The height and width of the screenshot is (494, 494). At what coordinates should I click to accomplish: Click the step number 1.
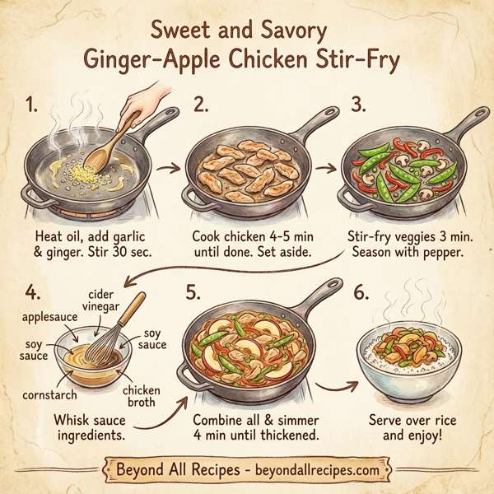pos(30,105)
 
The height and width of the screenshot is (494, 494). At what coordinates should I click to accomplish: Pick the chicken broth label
pos(144,398)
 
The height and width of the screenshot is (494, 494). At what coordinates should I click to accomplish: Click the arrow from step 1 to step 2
pos(170,168)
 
